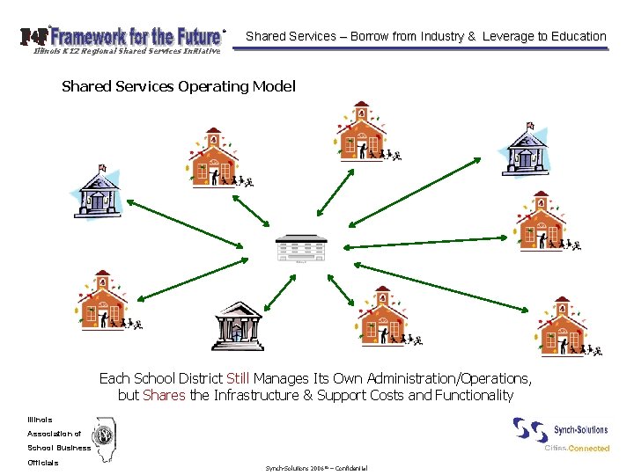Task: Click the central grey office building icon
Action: tap(299, 248)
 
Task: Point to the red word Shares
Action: tap(164, 395)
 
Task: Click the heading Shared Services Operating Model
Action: tap(179, 86)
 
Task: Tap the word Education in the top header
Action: tap(576, 36)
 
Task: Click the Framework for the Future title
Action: tap(134, 36)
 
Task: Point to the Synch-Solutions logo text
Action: tap(580, 430)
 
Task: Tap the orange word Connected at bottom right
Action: tap(588, 449)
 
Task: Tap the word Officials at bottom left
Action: tap(43, 463)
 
